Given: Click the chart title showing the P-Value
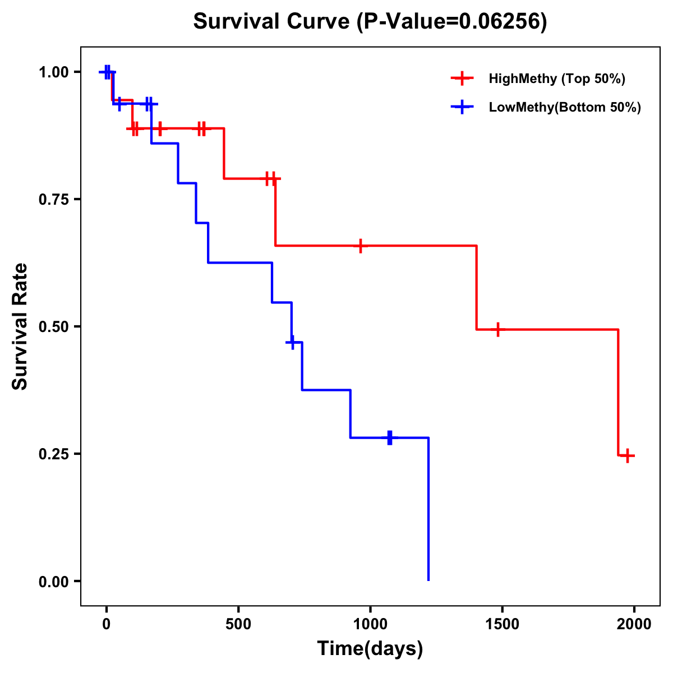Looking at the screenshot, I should [370, 22].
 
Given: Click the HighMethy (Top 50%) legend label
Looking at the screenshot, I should [556, 79].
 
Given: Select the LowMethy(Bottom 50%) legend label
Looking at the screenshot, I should [565, 107].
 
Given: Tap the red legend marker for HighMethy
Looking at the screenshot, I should [462, 79].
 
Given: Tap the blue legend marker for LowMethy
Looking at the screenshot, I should [462, 107].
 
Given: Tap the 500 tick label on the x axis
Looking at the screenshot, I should [238, 624].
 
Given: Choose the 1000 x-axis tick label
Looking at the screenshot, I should [370, 624].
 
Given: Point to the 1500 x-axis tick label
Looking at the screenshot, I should [502, 624].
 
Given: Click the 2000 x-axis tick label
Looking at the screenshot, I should [634, 624].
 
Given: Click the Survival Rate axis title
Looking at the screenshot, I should [20, 326].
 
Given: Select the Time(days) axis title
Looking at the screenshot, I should [370, 649].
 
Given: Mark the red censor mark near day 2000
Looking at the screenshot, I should [628, 455].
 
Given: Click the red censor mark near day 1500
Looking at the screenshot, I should [497, 330].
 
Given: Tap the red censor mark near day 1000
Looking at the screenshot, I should [361, 246].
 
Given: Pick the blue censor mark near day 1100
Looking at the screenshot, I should [390, 437].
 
